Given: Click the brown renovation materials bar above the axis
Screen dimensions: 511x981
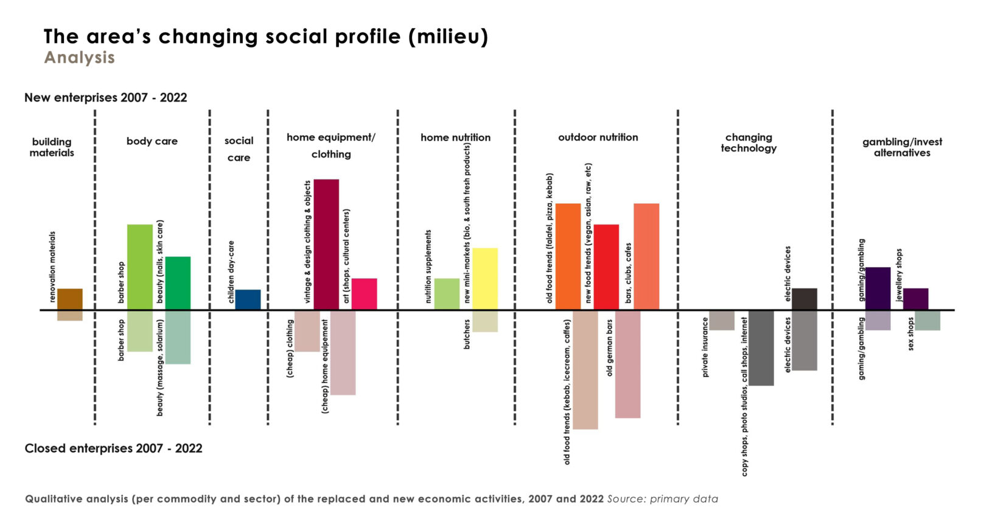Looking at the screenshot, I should coord(70,299).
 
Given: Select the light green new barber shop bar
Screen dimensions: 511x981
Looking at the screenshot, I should coord(140,266).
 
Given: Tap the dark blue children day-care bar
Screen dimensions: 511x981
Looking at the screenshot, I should coord(248,299).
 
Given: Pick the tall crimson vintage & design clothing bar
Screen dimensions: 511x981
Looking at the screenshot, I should coord(326,244).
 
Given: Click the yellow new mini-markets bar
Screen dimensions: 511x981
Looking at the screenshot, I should coord(485,278).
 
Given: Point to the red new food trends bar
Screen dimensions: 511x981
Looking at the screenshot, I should coord(606,266).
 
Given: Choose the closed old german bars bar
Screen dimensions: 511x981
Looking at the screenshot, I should coord(627,364).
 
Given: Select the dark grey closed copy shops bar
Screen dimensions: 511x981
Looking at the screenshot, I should coord(761,347).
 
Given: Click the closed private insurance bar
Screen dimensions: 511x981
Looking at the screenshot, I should coord(722,320).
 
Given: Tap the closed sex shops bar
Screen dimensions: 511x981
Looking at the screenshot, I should coord(927,320).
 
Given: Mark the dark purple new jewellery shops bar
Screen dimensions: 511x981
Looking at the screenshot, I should coord(915,299).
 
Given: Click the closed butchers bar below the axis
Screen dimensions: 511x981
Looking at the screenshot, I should coord(485,321).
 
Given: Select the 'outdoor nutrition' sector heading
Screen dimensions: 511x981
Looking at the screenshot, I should coord(598,137).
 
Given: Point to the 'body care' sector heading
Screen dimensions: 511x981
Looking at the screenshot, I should coord(152,141).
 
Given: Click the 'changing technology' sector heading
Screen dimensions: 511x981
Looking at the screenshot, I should coord(749,143).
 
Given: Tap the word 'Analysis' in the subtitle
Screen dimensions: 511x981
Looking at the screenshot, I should coord(79,58).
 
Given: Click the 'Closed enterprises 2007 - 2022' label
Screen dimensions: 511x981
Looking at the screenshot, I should coord(113,448).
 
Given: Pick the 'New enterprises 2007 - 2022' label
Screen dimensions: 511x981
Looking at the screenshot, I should coord(105,98).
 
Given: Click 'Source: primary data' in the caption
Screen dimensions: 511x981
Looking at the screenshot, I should coord(662,499).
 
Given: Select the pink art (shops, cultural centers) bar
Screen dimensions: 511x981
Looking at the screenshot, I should coord(364,294).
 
